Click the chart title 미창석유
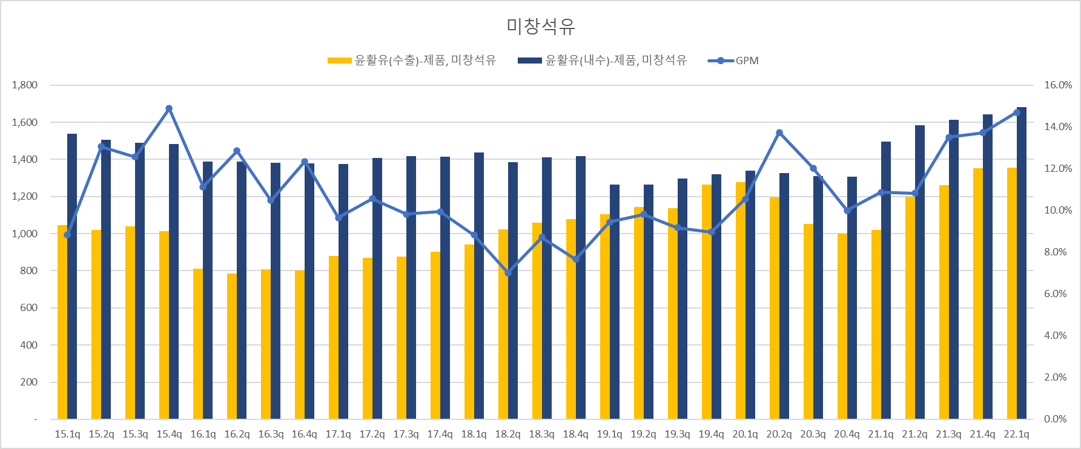[x=540, y=26]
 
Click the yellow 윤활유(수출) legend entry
[x=412, y=61]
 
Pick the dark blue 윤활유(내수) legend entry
[x=603, y=61]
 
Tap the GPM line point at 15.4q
[x=169, y=109]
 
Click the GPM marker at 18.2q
[x=508, y=273]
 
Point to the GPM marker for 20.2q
[x=779, y=133]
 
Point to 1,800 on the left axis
[x=25, y=85]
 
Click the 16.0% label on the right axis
[x=1057, y=85]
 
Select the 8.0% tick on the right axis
[x=1055, y=252]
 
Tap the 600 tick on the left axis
[x=28, y=308]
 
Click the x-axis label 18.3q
[x=542, y=434]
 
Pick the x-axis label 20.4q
[x=847, y=434]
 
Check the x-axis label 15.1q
[x=67, y=434]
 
